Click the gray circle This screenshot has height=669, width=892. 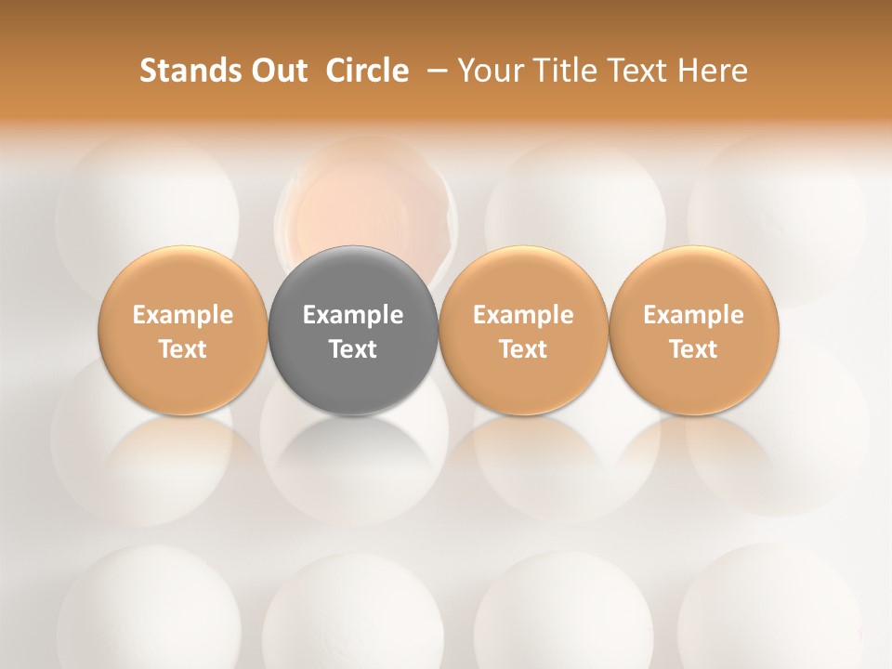[x=353, y=330]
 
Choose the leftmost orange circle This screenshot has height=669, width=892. [x=182, y=330]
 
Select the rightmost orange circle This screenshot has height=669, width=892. [x=694, y=330]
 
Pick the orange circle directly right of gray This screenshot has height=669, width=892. [x=523, y=330]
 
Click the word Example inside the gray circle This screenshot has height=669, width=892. [x=353, y=315]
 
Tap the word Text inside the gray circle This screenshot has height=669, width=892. [x=353, y=349]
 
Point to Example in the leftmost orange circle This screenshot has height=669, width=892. [x=182, y=315]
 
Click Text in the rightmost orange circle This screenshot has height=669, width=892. [x=694, y=349]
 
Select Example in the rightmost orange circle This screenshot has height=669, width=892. [x=694, y=315]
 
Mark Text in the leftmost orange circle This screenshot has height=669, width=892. [x=182, y=349]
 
